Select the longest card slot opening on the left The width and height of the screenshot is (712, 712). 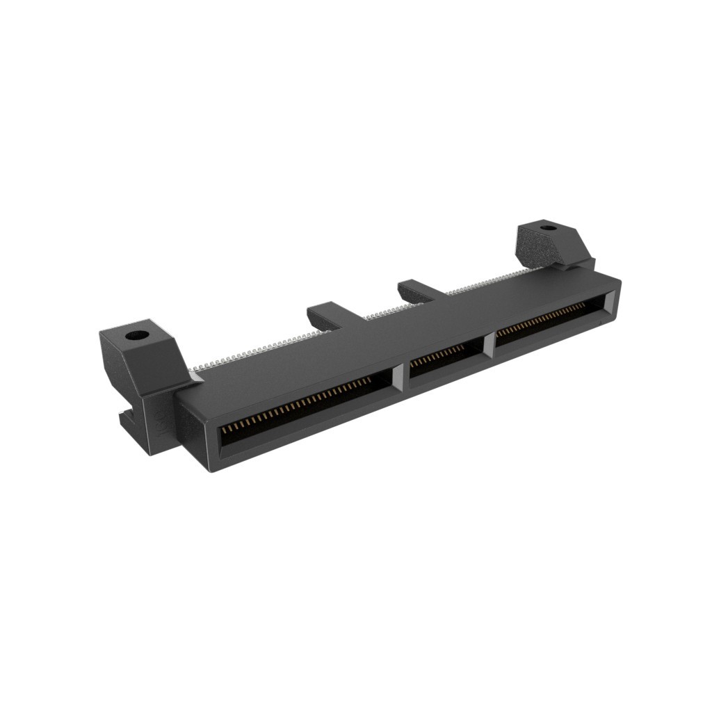pyautogui.click(x=306, y=410)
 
